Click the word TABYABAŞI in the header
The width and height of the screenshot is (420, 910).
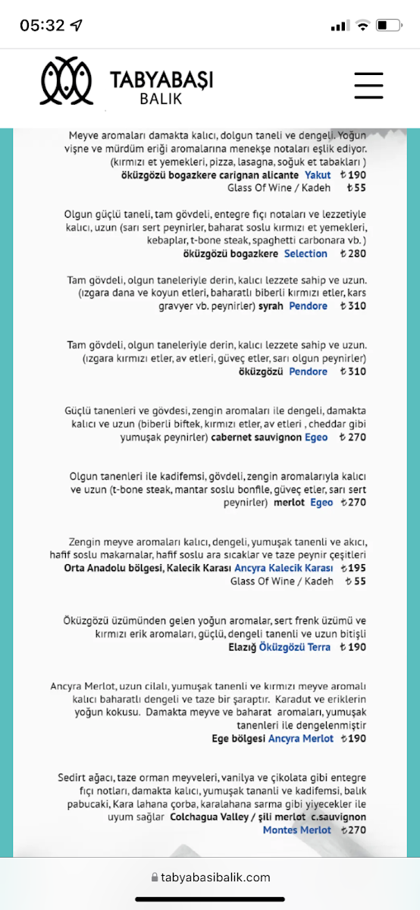(x=161, y=80)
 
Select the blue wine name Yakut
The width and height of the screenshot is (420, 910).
(x=318, y=174)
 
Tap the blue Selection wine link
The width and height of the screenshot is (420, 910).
(x=306, y=253)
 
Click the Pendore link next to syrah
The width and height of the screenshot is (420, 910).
(x=309, y=306)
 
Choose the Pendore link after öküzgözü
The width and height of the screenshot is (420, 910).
(x=309, y=372)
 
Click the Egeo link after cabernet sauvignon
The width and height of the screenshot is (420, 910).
(x=316, y=438)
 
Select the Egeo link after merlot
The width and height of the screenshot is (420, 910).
(x=321, y=503)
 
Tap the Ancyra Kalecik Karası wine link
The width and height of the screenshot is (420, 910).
(x=284, y=568)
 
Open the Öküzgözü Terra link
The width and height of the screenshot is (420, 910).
(x=295, y=647)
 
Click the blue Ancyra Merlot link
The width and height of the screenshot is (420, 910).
(x=301, y=739)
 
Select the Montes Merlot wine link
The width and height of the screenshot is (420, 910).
(x=297, y=830)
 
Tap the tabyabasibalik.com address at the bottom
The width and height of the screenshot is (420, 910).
(x=215, y=877)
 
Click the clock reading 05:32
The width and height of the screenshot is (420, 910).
(x=42, y=25)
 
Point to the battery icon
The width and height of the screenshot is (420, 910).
(x=387, y=26)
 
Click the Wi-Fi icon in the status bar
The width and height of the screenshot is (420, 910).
(x=362, y=26)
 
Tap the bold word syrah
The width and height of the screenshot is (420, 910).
(x=271, y=306)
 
